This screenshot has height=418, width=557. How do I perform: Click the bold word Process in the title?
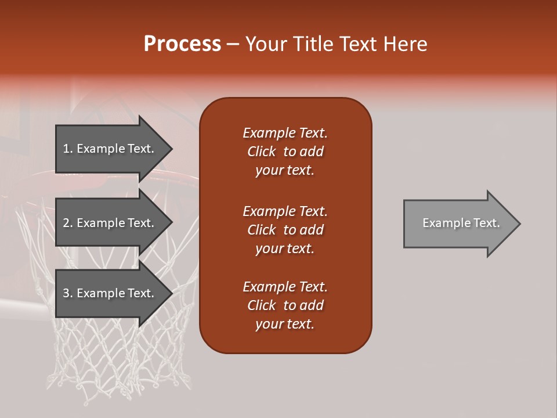click(182, 44)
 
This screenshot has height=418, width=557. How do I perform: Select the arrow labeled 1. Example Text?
click(110, 149)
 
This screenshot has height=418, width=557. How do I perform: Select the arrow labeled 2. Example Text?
click(110, 223)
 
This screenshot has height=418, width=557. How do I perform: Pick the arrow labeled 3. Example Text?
click(110, 293)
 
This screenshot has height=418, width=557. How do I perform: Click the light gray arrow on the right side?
click(458, 224)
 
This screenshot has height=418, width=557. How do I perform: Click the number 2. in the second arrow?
click(68, 223)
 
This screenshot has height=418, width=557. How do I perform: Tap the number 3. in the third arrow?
click(68, 293)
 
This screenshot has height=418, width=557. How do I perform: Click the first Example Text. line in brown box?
click(285, 133)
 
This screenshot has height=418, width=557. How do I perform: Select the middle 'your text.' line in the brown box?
click(284, 248)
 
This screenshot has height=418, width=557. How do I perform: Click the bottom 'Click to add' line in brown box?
click(285, 305)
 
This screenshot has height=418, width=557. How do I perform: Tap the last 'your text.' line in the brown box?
click(284, 324)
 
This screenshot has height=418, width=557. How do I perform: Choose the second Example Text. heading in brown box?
click(285, 211)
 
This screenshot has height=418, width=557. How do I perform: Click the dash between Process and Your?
click(233, 45)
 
